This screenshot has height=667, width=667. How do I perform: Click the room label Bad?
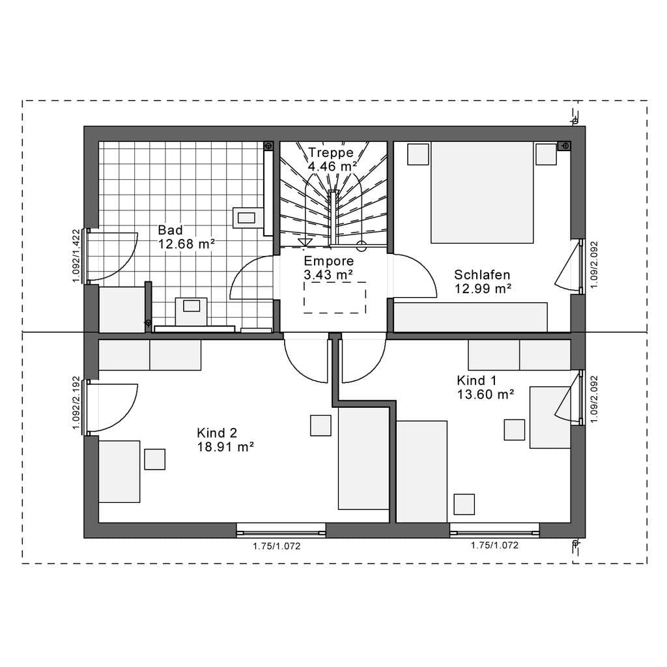(x=170, y=230)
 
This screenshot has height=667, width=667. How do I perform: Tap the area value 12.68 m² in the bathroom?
(x=187, y=244)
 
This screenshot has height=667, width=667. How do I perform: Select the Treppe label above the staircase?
(x=331, y=152)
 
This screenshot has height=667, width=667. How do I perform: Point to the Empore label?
(x=329, y=261)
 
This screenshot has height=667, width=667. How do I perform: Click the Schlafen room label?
(x=482, y=274)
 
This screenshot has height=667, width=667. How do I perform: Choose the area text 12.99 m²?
(x=483, y=289)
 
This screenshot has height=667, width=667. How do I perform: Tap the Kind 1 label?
(x=476, y=380)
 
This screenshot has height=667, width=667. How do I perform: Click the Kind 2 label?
(x=217, y=433)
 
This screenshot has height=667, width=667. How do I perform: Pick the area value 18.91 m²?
(x=225, y=447)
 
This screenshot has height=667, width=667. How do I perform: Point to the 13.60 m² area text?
(x=486, y=394)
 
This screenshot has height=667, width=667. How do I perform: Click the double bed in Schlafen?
(x=482, y=193)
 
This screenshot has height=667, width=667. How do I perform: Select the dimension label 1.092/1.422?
(x=76, y=255)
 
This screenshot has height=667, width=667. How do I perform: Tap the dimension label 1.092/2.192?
(x=76, y=403)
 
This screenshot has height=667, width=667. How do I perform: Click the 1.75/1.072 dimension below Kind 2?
(x=276, y=546)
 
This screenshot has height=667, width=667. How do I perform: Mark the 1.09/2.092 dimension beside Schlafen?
(x=594, y=265)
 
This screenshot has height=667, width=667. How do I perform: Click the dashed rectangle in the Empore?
(x=335, y=297)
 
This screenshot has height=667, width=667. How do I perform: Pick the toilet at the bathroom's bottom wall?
(x=192, y=311)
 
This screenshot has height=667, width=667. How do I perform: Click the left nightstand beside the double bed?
(x=418, y=154)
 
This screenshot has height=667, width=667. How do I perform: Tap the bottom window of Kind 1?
(x=494, y=531)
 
